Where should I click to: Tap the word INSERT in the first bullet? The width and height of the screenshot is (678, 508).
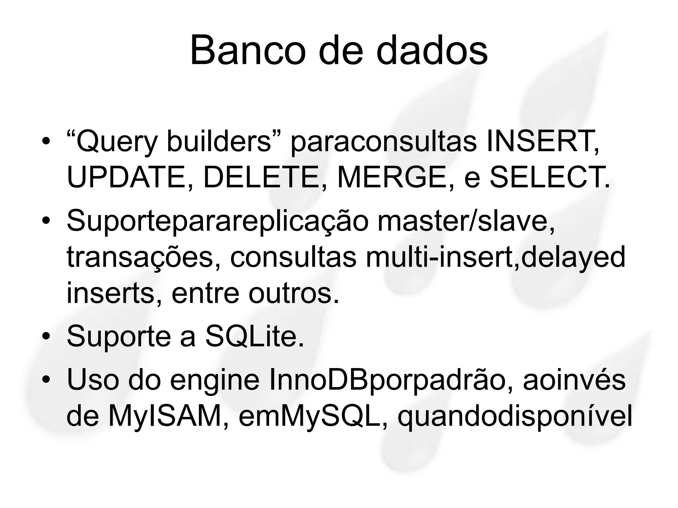(542, 142)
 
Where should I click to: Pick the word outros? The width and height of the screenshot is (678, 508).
(294, 293)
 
